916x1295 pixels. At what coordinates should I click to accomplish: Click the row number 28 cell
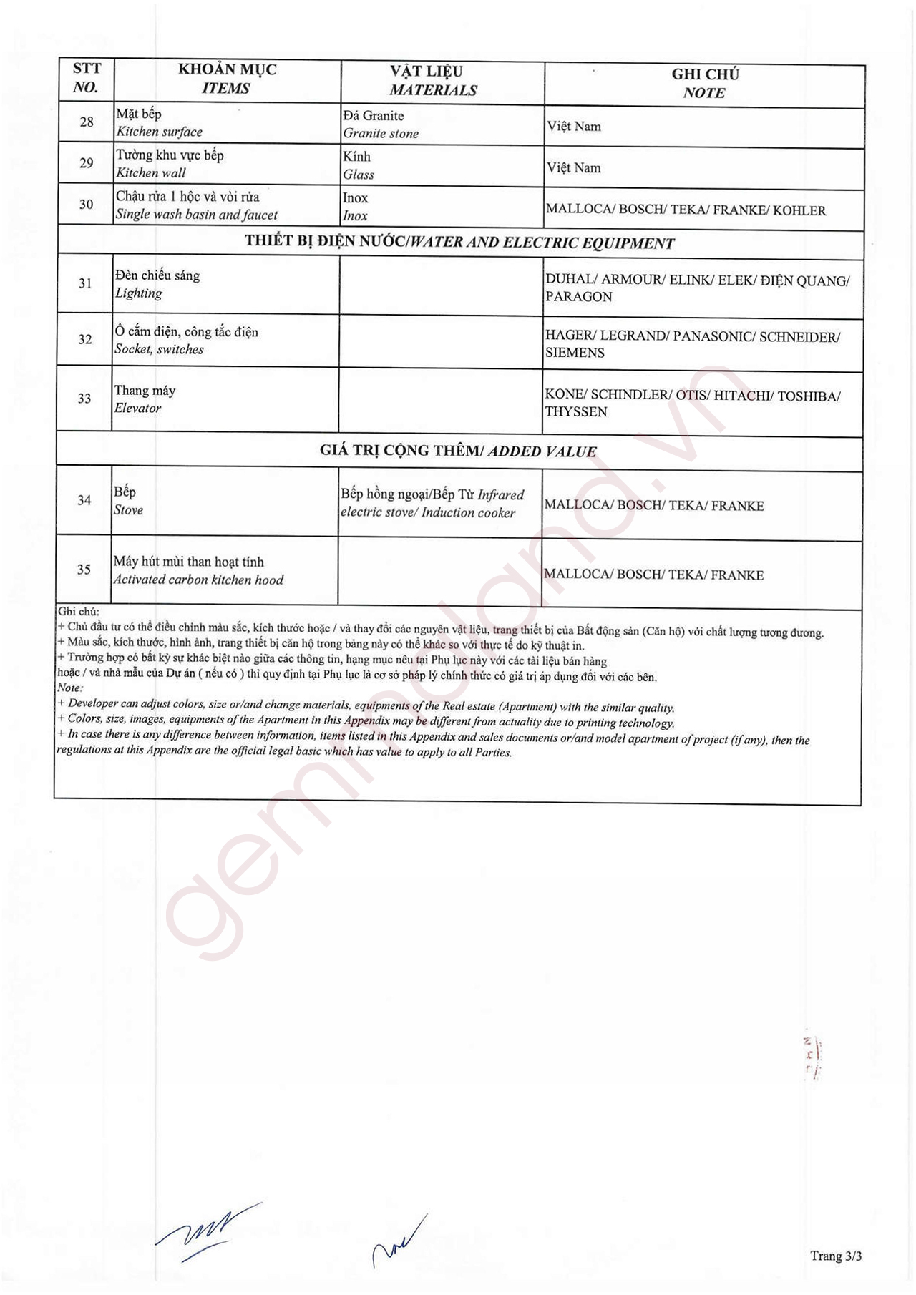(x=86, y=122)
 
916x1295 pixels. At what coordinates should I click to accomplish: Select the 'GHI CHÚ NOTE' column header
(x=704, y=84)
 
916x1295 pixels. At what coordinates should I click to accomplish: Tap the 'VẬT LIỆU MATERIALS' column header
(x=432, y=81)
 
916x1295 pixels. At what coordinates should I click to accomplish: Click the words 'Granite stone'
(x=381, y=134)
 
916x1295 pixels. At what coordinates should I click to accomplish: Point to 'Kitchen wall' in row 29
(x=151, y=173)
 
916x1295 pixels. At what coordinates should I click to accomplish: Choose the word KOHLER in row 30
(x=799, y=210)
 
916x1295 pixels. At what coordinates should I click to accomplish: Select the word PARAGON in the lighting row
(x=579, y=297)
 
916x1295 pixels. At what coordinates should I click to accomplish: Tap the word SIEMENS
(x=575, y=353)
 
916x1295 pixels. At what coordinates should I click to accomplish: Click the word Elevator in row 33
(x=137, y=409)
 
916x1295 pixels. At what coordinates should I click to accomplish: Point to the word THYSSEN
(x=576, y=412)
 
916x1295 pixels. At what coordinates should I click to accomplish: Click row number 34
(x=84, y=500)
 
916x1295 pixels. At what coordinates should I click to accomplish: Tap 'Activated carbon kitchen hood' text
(x=198, y=580)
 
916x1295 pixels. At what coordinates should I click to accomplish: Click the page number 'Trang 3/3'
(x=835, y=1256)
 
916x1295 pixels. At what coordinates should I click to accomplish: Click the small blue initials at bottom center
(x=398, y=1243)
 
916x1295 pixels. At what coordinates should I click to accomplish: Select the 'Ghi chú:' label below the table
(x=79, y=612)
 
